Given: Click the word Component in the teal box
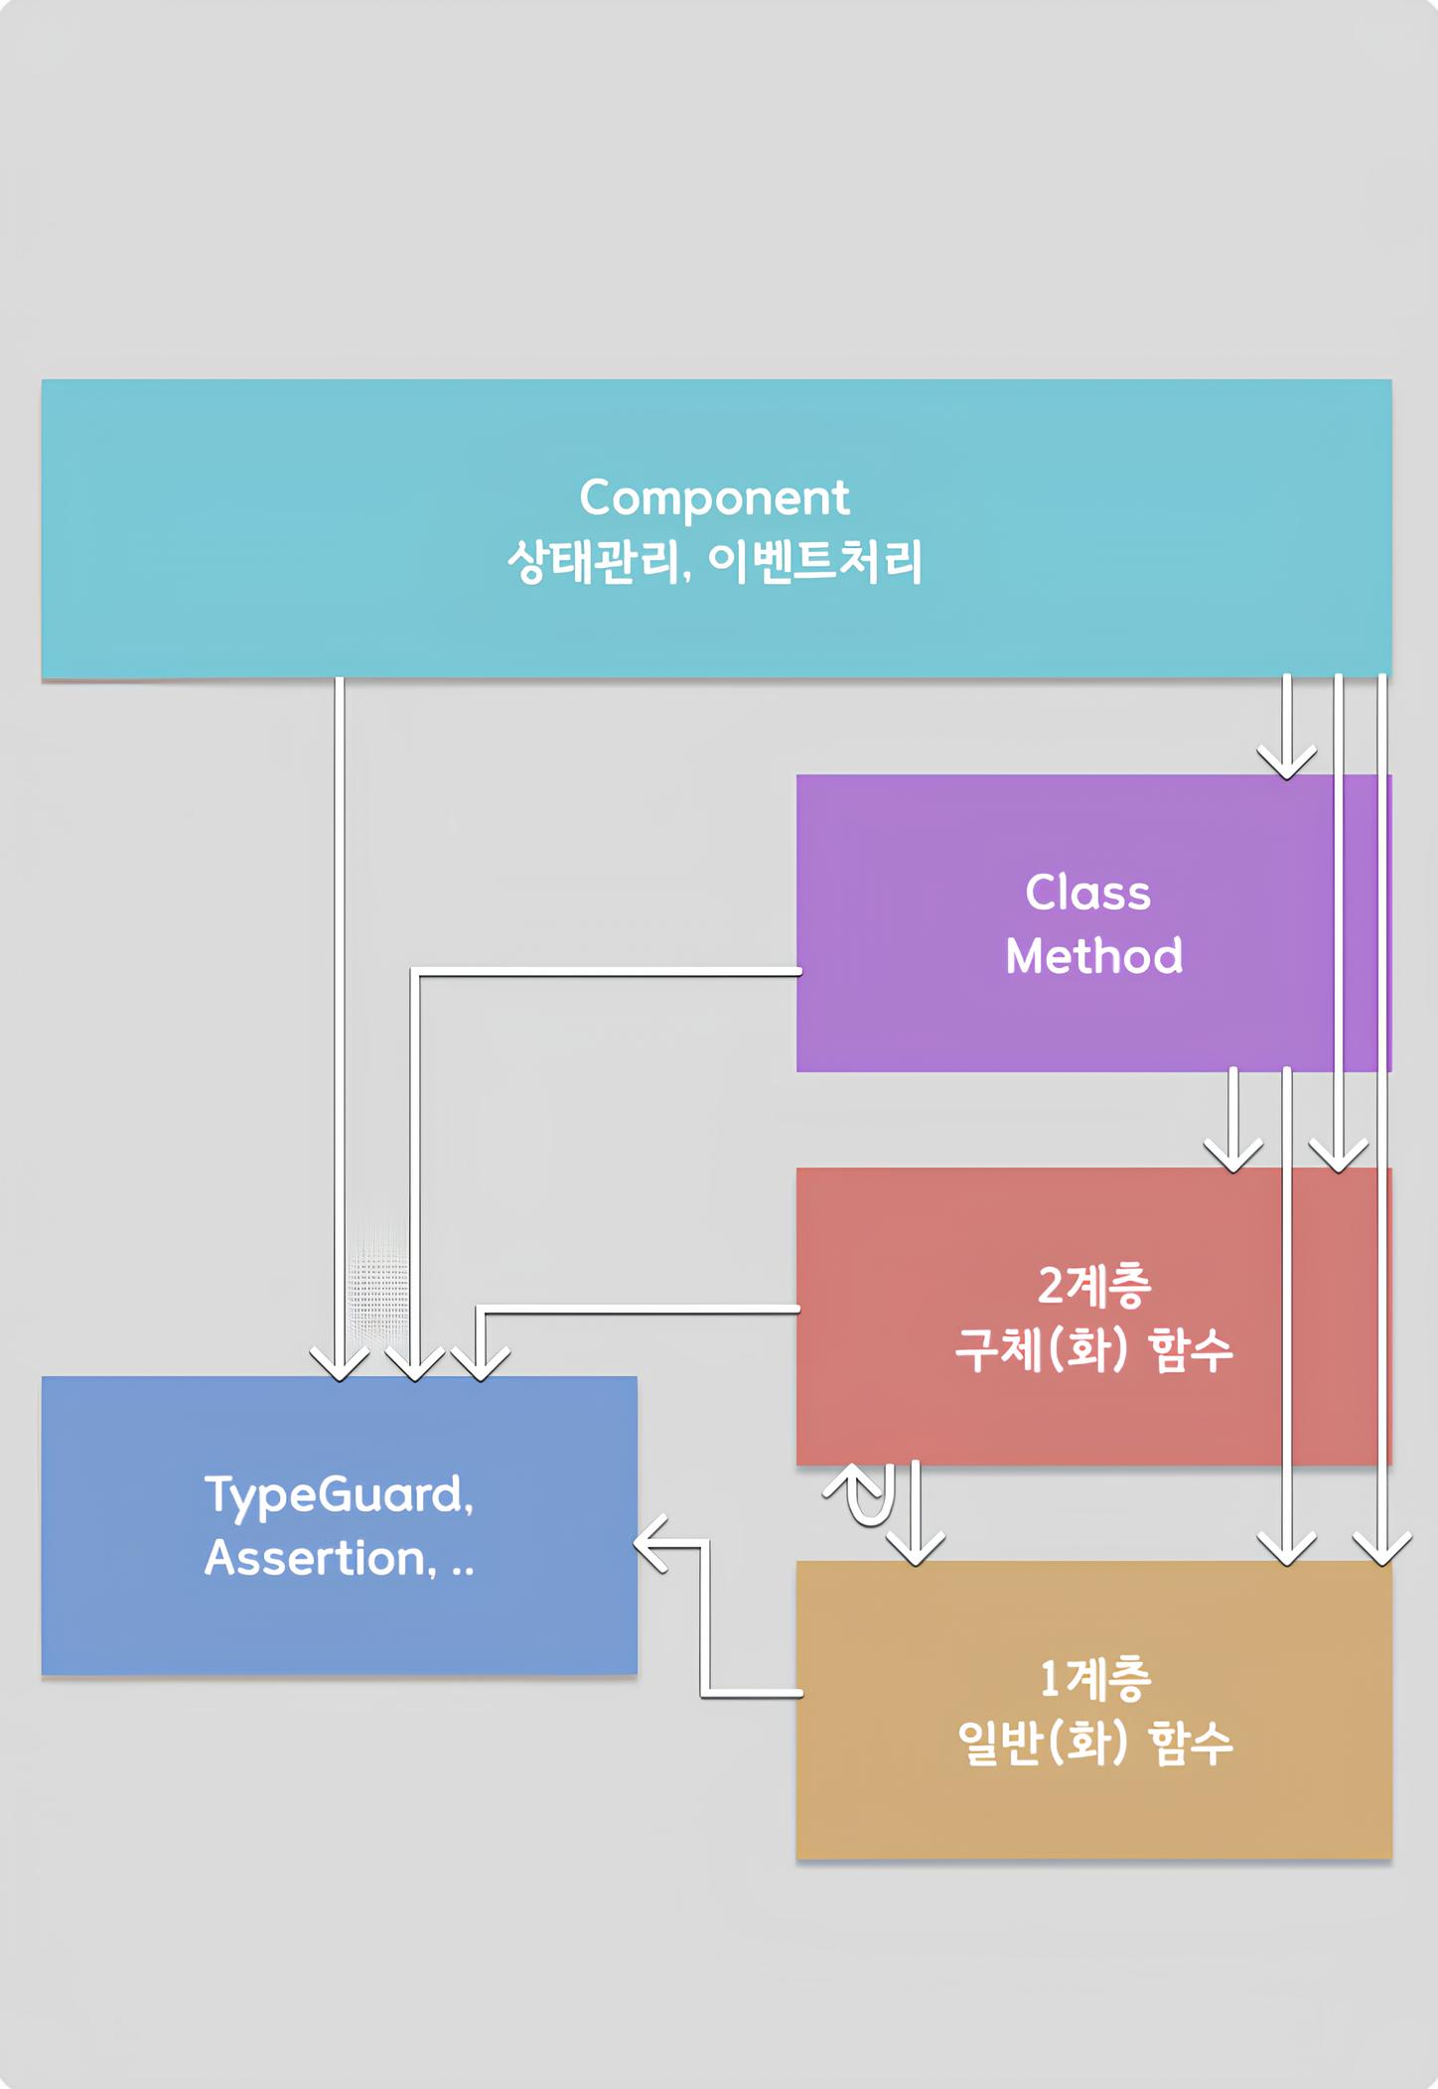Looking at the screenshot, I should (x=714, y=497).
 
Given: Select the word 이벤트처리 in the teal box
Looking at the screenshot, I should (x=815, y=562).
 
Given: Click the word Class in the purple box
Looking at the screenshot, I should (x=1087, y=893).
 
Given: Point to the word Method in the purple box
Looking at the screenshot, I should (x=1093, y=956).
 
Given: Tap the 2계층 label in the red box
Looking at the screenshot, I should (x=1093, y=1286).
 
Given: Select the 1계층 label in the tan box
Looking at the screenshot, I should (x=1094, y=1679).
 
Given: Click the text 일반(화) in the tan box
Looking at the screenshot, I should (x=1042, y=1743).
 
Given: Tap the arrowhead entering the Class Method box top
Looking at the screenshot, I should (x=1286, y=765).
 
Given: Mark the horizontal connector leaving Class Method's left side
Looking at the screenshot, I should (x=606, y=971).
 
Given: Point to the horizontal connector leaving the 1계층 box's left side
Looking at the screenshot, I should (x=752, y=1692).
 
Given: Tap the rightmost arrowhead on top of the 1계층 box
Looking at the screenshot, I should (x=1381, y=1550).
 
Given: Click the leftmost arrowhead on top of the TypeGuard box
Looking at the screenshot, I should (x=340, y=1365).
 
